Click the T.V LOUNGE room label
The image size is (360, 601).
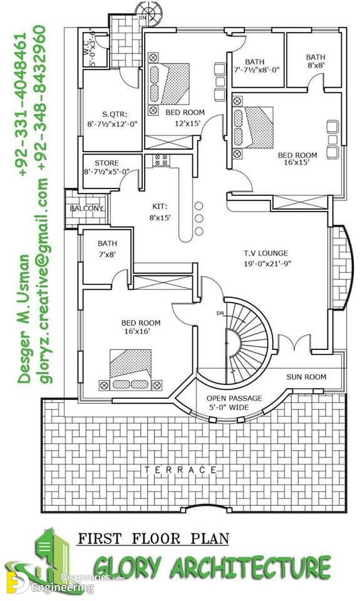pyautogui.click(x=265, y=254)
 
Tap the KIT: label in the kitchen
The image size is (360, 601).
pyautogui.click(x=160, y=207)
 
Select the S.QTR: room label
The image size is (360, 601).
pyautogui.click(x=115, y=114)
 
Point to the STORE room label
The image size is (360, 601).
pyautogui.click(x=106, y=163)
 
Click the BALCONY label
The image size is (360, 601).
pyautogui.click(x=86, y=208)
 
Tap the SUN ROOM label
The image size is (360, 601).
pyautogui.click(x=306, y=377)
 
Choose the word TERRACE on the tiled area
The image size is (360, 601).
pyautogui.click(x=180, y=470)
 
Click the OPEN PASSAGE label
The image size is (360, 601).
pyautogui.click(x=234, y=399)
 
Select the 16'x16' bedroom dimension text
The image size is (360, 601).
pyautogui.click(x=137, y=332)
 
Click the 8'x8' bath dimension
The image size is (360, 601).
pyautogui.click(x=316, y=66)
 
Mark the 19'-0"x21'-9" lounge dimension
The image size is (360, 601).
pyautogui.click(x=265, y=264)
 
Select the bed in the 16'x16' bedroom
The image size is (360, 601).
pyautogui.click(x=131, y=369)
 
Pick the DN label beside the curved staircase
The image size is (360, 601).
pyautogui.click(x=220, y=313)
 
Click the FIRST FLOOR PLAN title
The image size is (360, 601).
pyautogui.click(x=153, y=538)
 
